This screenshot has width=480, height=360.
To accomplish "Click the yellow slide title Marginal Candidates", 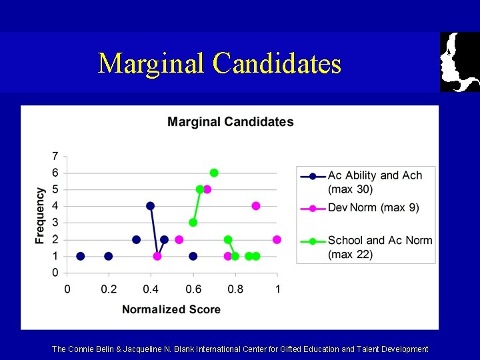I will [219, 63].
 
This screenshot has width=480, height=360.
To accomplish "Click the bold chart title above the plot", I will [230, 121].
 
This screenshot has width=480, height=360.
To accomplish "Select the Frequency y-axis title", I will [41, 215].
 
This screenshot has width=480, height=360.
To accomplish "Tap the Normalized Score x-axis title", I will [171, 309].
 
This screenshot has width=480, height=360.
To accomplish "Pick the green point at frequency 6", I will [214, 173].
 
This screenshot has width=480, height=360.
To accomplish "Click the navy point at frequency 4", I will [151, 206].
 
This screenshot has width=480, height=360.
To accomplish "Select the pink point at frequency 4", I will [256, 206].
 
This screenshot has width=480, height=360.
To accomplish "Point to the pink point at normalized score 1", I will [277, 239].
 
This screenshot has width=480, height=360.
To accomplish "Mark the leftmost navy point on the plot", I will [81, 256].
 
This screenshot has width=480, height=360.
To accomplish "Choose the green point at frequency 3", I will [193, 223].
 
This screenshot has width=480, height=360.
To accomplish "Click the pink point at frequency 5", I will [207, 189].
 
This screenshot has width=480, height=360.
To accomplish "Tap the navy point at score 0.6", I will [193, 256].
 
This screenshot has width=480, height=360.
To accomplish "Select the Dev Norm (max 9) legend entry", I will [373, 207].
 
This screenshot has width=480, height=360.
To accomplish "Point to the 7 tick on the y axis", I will [55, 156].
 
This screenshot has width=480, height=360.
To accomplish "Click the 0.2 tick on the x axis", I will [109, 289].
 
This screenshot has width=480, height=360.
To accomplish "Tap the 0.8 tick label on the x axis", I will [235, 289].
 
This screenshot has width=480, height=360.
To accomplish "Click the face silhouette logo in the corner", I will [460, 62].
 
